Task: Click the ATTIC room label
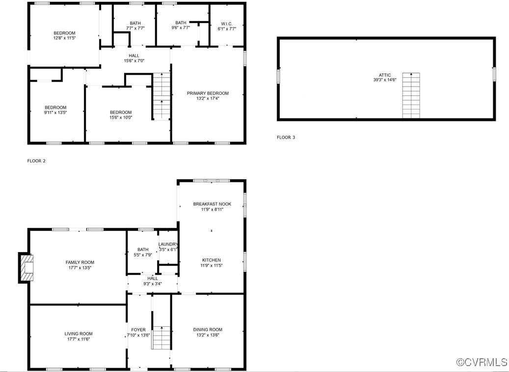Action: point(385,75)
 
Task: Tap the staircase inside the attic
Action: point(411,95)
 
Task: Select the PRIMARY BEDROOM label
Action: point(208,93)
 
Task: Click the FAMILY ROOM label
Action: point(80,262)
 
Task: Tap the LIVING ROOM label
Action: point(79,334)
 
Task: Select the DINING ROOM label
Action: point(208,330)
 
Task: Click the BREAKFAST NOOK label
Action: point(212,204)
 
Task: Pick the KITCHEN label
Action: point(212,260)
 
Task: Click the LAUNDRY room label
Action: point(168,244)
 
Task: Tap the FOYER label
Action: point(138,330)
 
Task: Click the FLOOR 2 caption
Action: point(36,161)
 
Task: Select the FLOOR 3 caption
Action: point(286,138)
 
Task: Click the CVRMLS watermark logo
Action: point(482,362)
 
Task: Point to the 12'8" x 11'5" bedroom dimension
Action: point(64,38)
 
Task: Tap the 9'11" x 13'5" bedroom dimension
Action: point(55,113)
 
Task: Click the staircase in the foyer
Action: point(161,338)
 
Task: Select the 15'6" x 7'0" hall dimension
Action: point(134,61)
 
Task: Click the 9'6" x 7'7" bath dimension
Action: point(181,28)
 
